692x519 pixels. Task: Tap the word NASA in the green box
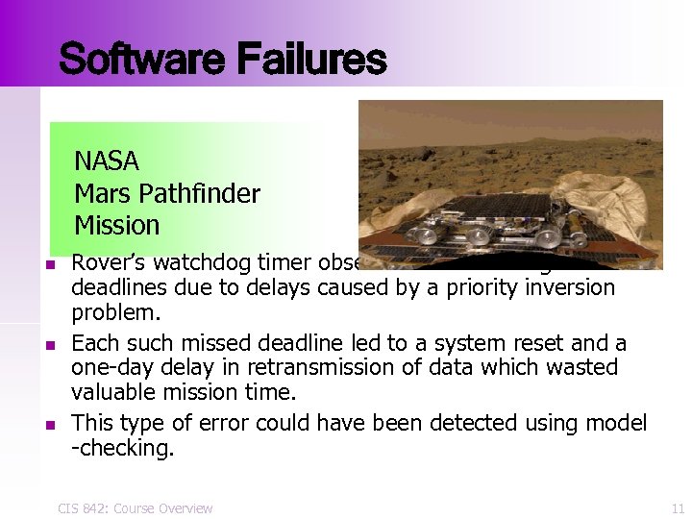click(107, 161)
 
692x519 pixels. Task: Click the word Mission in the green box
click(116, 226)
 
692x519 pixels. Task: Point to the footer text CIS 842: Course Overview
click(135, 507)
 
